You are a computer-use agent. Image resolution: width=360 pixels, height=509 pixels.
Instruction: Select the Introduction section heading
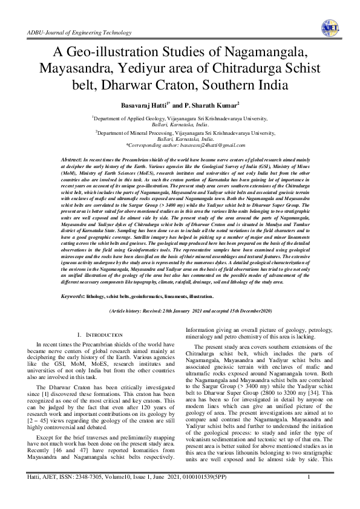pos(99,335)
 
